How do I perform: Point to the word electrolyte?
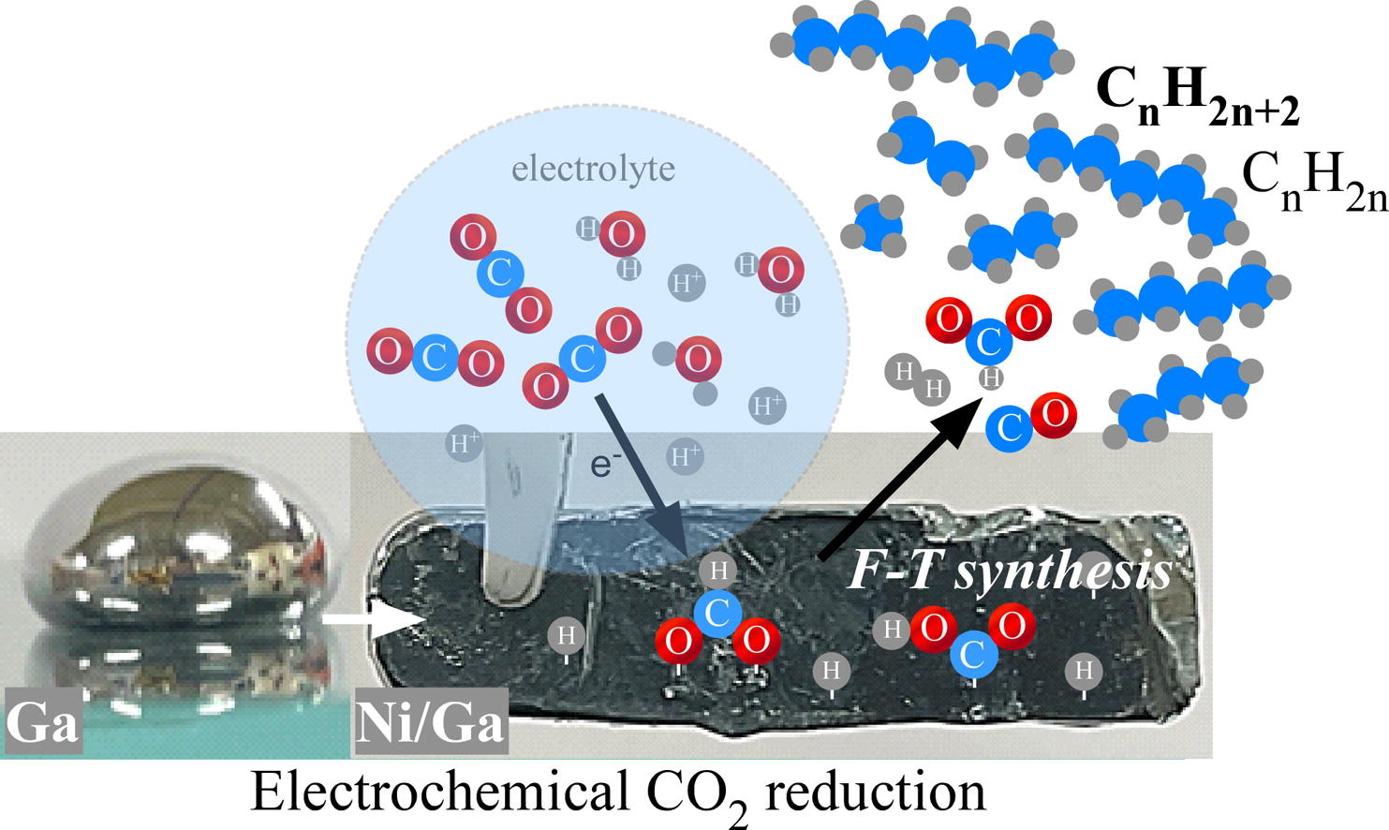pyautogui.click(x=594, y=169)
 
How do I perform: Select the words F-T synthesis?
pyautogui.click(x=1009, y=571)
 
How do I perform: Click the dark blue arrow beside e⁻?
pyautogui.click(x=642, y=476)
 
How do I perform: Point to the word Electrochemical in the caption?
pyautogui.click(x=439, y=793)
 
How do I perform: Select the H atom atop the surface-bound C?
pyautogui.click(x=718, y=571)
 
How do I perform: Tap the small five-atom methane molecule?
pyautogui.click(x=874, y=227)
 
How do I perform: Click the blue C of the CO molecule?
pyautogui.click(x=1009, y=429)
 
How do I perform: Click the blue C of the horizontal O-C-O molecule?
pyautogui.click(x=436, y=358)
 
